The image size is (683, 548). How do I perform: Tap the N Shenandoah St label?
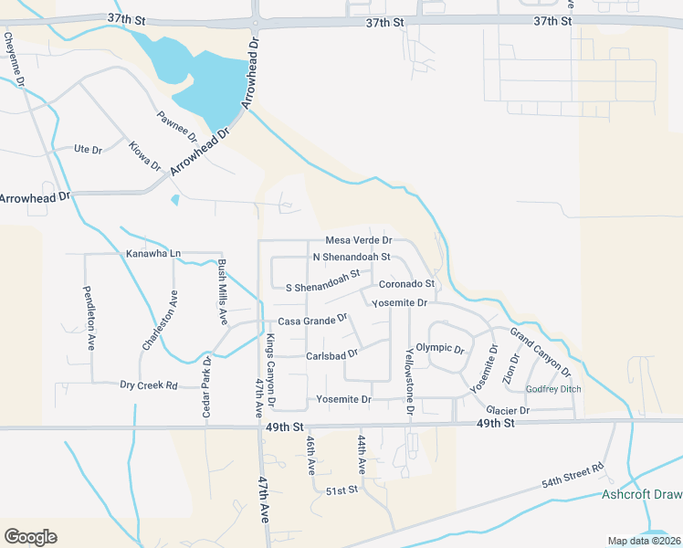tap(352, 258)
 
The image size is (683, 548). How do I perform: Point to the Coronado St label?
tap(407, 284)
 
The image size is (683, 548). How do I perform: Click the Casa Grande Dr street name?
tap(313, 321)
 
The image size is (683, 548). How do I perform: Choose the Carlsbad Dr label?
tap(331, 353)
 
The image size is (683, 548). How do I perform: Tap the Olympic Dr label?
tap(440, 349)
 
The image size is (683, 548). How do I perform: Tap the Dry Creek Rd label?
tap(149, 385)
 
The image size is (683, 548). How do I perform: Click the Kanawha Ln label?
tap(152, 252)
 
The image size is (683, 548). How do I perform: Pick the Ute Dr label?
tap(88, 148)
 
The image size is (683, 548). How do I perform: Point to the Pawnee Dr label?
tap(176, 125)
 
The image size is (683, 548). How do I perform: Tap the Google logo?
tap(30, 537)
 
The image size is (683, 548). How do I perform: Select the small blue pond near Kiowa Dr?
tap(174, 200)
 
